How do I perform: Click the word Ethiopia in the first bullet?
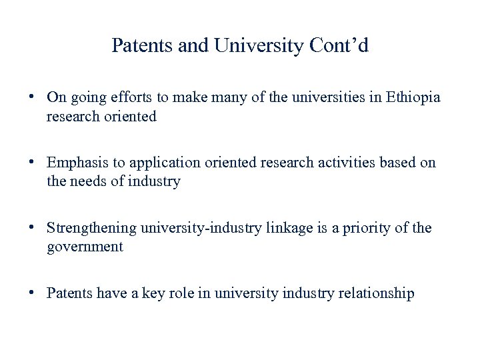click(x=413, y=97)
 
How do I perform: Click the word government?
click(x=85, y=247)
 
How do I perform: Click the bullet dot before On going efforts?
click(x=32, y=97)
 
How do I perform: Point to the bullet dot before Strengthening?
click(x=32, y=228)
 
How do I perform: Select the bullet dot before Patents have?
click(x=32, y=293)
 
